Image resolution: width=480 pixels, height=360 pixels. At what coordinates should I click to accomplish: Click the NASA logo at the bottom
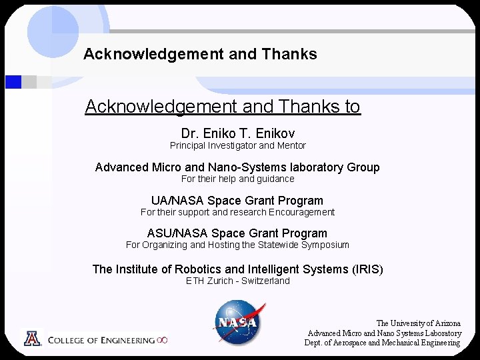point(238,321)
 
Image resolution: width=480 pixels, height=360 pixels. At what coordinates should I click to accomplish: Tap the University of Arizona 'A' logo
point(32,339)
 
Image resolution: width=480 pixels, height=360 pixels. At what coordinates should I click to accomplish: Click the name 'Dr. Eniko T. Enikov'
point(237,133)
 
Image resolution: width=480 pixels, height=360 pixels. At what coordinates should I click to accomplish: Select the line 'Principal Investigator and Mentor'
point(237,145)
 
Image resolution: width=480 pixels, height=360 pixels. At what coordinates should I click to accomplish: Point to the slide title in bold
point(200,54)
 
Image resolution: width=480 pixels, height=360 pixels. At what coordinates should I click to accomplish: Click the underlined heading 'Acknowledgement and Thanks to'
point(223,107)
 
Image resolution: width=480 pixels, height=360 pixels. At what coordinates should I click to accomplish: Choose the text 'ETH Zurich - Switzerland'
point(237,281)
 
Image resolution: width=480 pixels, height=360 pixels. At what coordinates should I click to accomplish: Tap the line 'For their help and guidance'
point(237,179)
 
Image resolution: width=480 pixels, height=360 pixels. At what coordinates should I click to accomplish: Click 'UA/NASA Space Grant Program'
point(237,201)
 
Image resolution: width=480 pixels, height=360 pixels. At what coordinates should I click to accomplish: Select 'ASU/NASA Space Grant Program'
point(237,233)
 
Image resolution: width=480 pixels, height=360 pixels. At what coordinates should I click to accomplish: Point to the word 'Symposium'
point(325,245)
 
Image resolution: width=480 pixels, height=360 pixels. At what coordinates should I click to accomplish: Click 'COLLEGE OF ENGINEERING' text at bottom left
point(101,340)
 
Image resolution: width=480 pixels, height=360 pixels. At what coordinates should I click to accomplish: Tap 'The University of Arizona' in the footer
point(418,323)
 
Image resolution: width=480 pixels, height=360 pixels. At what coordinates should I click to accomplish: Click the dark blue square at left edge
point(13,82)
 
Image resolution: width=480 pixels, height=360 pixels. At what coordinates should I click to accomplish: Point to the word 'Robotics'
point(198,269)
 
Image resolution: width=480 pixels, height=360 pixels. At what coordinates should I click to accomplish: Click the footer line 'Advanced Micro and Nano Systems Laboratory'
point(385,333)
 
